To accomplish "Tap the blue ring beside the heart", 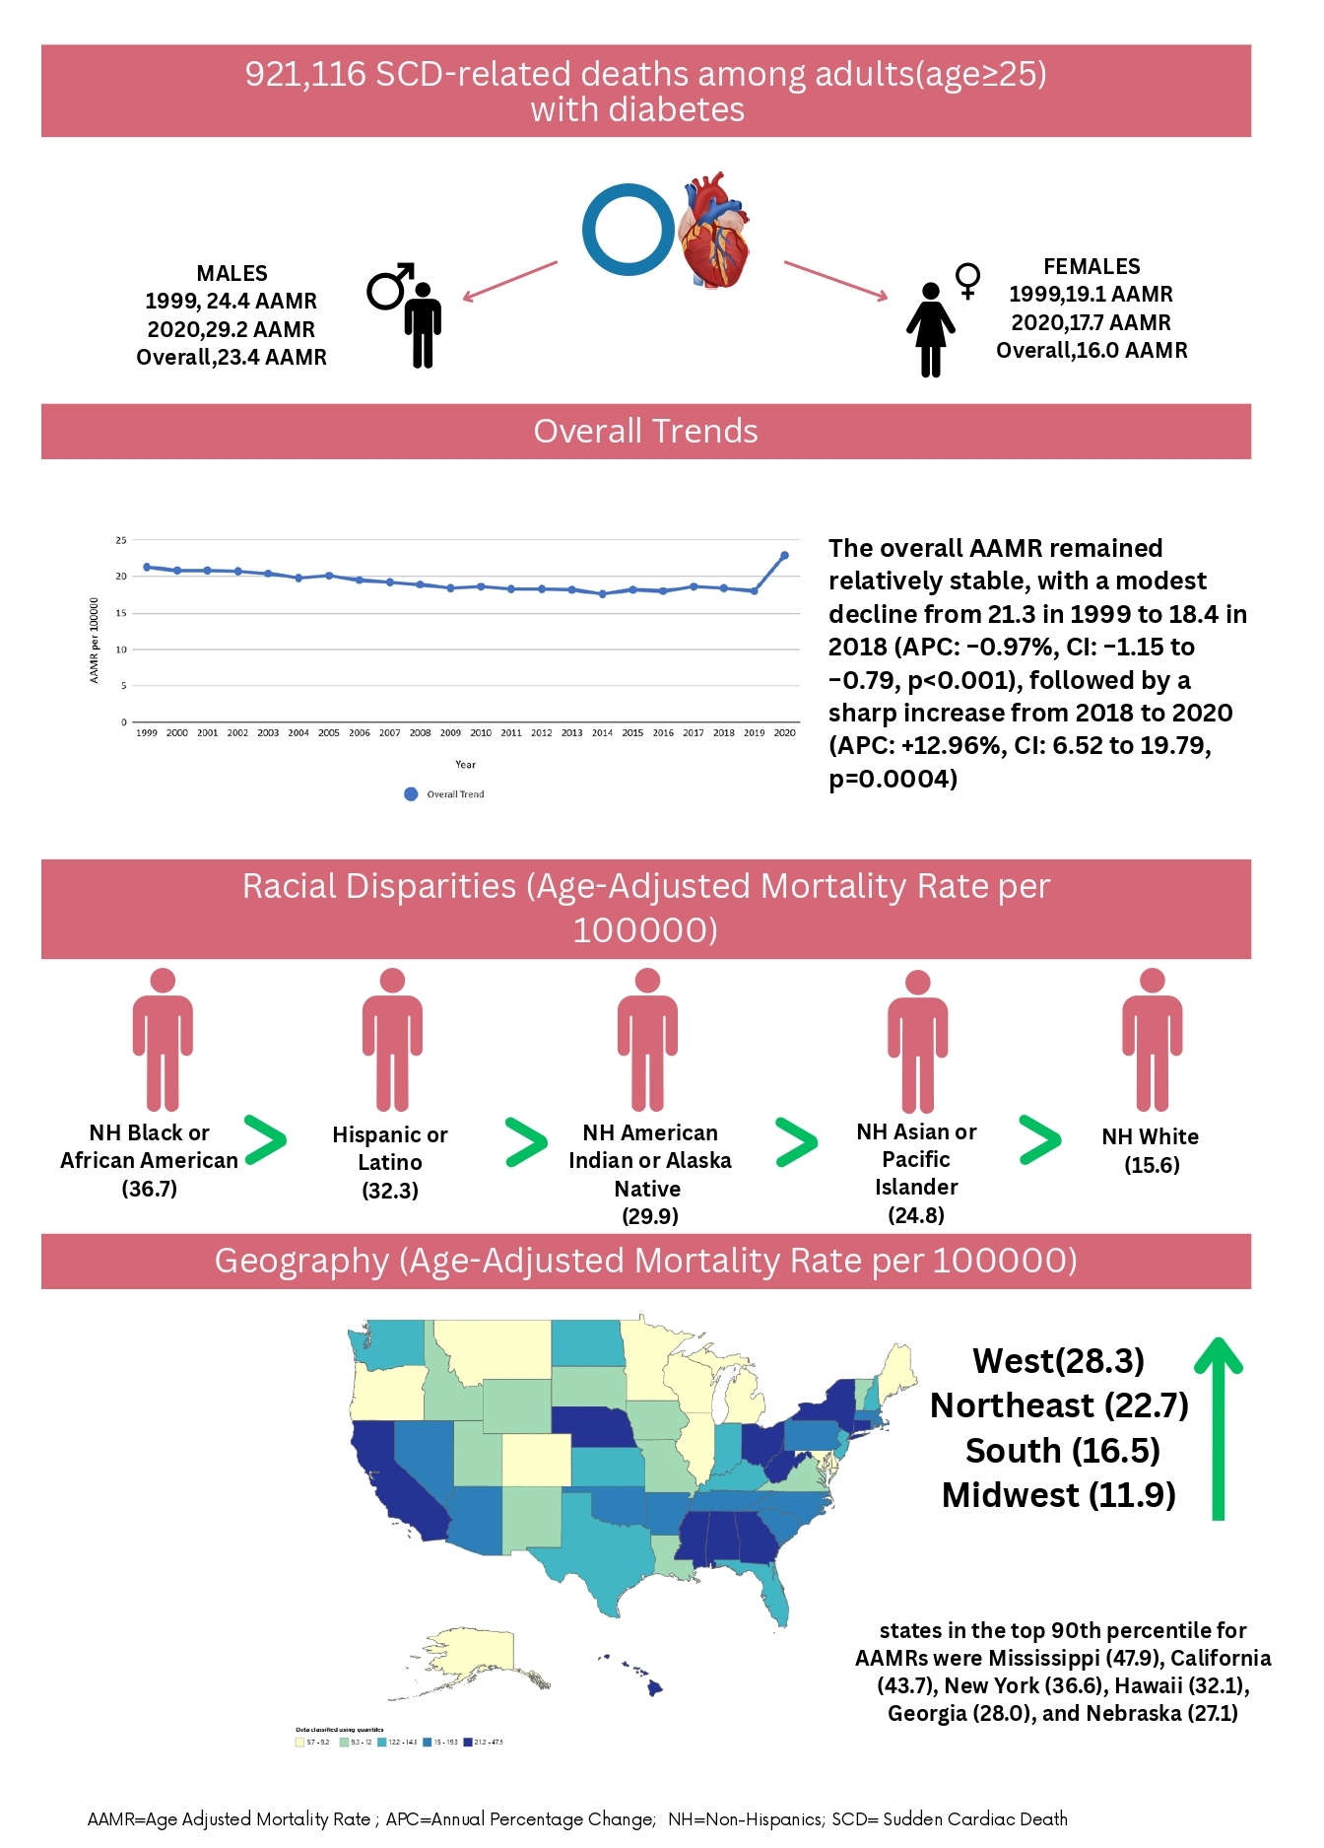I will (x=629, y=230).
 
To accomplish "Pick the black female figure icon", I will (x=930, y=330).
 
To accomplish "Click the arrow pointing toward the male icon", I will (x=509, y=281).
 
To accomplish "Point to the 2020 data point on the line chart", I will (x=784, y=556).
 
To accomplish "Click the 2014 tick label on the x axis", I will (x=602, y=733).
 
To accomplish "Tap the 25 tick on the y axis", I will (x=121, y=540).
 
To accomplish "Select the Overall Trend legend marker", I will (x=411, y=794).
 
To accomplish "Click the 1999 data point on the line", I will (x=147, y=567).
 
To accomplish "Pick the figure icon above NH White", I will (x=1152, y=1040).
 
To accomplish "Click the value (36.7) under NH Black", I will (x=150, y=1189).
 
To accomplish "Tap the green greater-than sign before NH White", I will (x=1039, y=1140).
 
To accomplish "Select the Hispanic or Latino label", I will (x=390, y=1148).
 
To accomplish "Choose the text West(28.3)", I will (x=1058, y=1361).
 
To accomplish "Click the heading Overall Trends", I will (x=645, y=432).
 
